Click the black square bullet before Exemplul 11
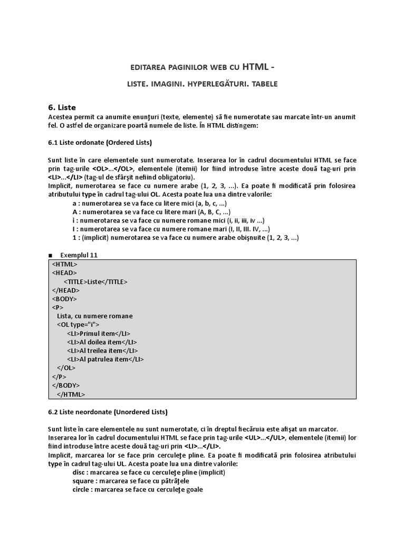(50, 255)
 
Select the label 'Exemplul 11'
(79, 255)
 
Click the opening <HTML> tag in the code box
(65, 264)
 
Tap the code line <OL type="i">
(78, 324)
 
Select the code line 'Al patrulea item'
(105, 359)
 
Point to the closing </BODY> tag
(66, 385)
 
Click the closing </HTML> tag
(70, 394)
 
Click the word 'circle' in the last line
(81, 490)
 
